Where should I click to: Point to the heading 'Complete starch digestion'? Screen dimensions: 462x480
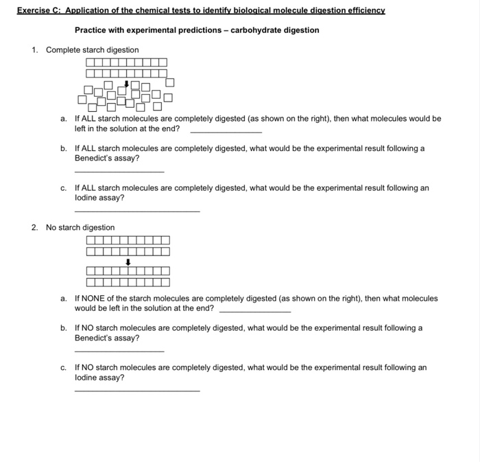[92, 50]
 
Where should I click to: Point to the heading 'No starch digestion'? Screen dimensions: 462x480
[80, 227]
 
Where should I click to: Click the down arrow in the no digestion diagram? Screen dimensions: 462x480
[128, 262]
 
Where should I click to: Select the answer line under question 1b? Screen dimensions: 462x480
[119, 172]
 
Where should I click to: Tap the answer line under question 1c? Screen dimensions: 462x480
[137, 211]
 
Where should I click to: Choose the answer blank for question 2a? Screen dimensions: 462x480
[254, 311]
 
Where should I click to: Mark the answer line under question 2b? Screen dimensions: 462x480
[119, 351]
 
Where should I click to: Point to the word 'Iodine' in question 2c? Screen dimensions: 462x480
[86, 378]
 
